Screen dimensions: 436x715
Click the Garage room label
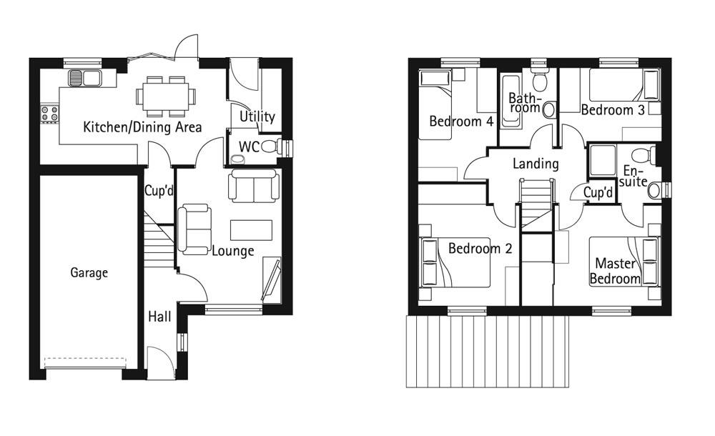[x=89, y=272]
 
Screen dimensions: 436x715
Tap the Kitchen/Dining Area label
[x=142, y=127]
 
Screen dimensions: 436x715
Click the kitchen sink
[x=84, y=77]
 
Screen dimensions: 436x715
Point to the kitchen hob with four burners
[x=49, y=112]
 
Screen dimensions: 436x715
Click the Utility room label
[x=257, y=117]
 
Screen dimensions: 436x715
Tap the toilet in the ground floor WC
[x=270, y=147]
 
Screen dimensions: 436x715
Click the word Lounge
[x=232, y=251]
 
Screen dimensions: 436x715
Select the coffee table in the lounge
[x=251, y=229]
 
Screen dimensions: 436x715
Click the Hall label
[x=159, y=316]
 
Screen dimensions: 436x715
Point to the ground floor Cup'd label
[x=159, y=191]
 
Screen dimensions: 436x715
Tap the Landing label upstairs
[x=536, y=164]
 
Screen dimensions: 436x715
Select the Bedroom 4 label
[x=461, y=122]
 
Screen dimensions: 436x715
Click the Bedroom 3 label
[x=612, y=109]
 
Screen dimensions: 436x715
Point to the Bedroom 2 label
[x=480, y=249]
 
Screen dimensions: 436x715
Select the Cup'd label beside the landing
[x=598, y=193]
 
